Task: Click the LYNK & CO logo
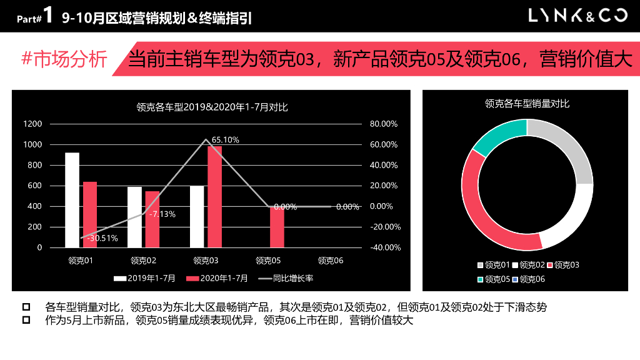577,16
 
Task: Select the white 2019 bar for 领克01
72,200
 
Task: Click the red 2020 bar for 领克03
214,196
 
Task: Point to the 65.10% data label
226,140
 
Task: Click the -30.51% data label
102,238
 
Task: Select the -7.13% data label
162,214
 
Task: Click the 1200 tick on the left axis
33,124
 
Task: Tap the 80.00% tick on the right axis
383,124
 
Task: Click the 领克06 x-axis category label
331,261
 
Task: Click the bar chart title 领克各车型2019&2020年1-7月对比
211,107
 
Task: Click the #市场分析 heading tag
64,59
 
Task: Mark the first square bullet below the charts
26,307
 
